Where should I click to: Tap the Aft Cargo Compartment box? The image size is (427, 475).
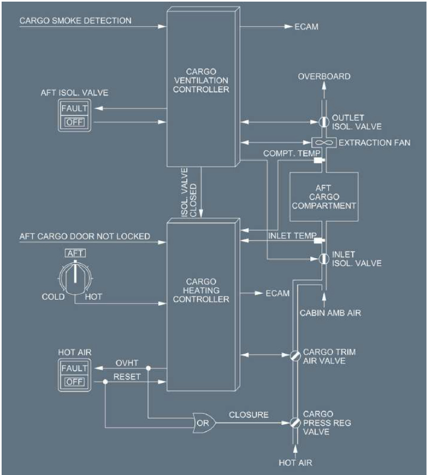(x=324, y=196)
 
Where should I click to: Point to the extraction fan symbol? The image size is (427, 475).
(x=323, y=142)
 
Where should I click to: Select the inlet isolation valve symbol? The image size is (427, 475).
(x=322, y=258)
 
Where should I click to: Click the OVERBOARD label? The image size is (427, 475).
(x=324, y=77)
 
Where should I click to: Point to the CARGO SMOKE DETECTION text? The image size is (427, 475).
(x=76, y=21)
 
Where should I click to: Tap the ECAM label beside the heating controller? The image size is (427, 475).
(x=277, y=293)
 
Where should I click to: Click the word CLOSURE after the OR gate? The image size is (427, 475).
(x=248, y=415)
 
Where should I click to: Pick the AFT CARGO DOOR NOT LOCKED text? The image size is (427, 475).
(x=85, y=236)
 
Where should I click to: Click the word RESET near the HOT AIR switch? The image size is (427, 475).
(x=126, y=376)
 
